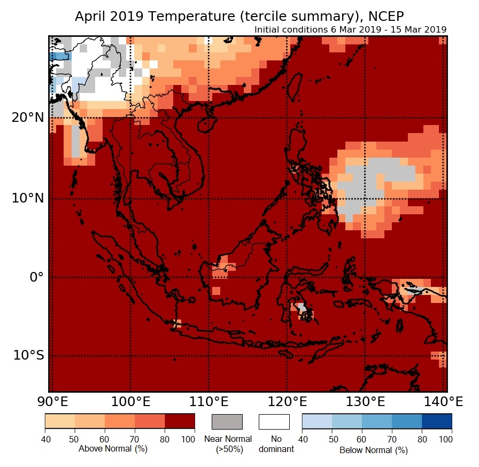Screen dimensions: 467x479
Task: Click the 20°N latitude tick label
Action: coord(27,118)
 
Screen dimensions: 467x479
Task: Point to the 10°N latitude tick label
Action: coord(27,198)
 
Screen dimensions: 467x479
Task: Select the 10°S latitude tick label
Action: coord(28,355)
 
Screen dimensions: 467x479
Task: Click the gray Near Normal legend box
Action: coord(227,422)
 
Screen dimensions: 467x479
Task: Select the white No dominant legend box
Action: coord(274,422)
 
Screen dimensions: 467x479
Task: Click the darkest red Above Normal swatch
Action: coord(180,422)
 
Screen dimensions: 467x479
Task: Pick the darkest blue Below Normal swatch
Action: coord(437,422)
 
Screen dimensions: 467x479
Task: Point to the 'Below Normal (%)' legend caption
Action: coord(374,450)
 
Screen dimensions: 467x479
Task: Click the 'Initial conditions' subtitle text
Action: coord(351,29)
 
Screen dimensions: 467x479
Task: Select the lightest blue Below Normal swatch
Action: coord(317,422)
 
